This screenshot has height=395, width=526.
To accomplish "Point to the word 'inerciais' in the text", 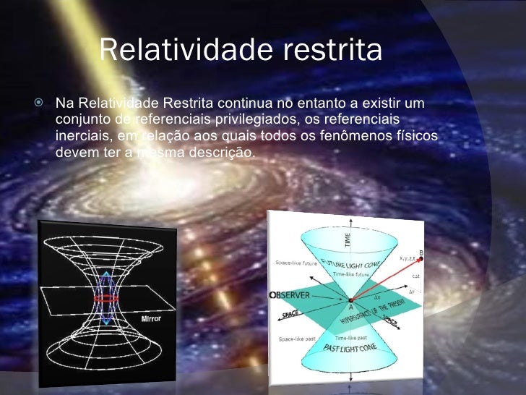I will click(79, 136).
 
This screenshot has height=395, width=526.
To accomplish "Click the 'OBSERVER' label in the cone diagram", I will click(292, 296).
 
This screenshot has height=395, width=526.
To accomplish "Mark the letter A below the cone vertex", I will click(350, 307).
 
